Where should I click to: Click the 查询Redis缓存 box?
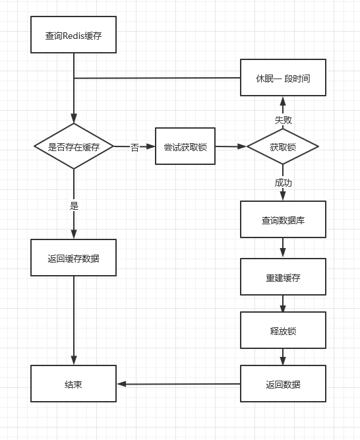tap(73, 35)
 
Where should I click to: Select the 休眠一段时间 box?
tap(282, 78)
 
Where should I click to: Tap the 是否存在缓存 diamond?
tap(74, 146)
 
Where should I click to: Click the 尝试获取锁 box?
tap(185, 146)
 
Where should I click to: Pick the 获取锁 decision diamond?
tap(282, 146)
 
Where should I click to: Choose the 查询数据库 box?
tap(282, 220)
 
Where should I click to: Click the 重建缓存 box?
tap(282, 276)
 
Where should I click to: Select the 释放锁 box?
tap(282, 330)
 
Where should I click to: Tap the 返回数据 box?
tap(282, 384)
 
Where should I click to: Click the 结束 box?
tap(73, 384)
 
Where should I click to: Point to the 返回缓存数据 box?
tap(73, 257)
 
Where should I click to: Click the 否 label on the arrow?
tap(135, 147)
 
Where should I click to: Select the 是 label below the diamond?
tap(74, 205)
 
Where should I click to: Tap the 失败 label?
tap(283, 120)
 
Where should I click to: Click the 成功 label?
tap(283, 182)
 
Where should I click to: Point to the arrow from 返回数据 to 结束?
tap(178, 384)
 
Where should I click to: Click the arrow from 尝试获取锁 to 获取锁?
tap(231, 146)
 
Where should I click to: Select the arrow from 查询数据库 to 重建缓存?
tap(282, 248)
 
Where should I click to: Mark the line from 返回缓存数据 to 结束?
tap(73, 320)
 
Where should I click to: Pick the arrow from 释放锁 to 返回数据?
tap(282, 357)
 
